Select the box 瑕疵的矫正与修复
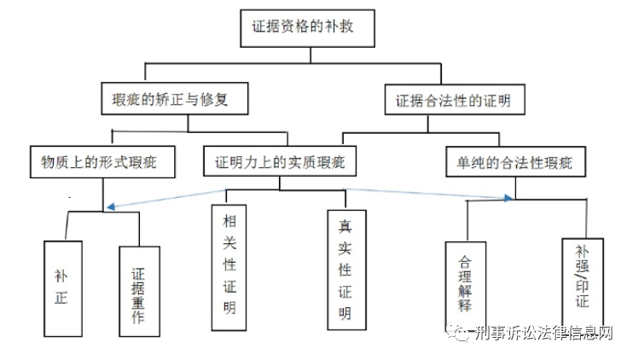point(174,100)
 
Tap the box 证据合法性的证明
point(453,101)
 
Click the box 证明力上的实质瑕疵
point(279,160)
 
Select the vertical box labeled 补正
point(62,287)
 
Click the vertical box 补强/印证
point(582,278)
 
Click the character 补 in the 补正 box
point(62,276)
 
